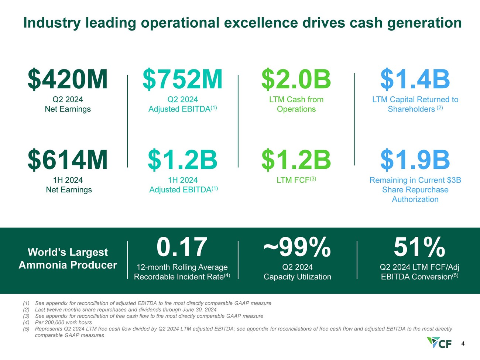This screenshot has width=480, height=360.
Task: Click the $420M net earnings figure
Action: click(68, 79)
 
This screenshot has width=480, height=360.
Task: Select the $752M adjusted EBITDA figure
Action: click(182, 79)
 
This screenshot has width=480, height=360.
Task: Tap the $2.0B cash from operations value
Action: click(296, 79)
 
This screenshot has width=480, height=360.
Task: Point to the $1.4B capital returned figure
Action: click(415, 79)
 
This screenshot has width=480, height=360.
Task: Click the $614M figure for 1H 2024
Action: click(68, 160)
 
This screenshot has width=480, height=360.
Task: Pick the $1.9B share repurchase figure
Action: click(415, 160)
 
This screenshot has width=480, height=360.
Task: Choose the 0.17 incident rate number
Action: click(182, 247)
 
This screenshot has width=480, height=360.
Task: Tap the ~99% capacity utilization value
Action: click(297, 247)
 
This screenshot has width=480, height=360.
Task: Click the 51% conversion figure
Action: click(419, 247)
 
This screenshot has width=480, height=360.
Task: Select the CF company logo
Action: click(439, 343)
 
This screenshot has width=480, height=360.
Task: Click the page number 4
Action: click(463, 344)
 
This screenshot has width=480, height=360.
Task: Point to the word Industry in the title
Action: click(52, 23)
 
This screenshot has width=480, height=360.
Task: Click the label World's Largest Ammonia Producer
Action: click(68, 258)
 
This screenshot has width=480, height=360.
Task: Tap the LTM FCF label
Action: click(296, 180)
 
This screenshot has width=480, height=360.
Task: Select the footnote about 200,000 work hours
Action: click(58, 322)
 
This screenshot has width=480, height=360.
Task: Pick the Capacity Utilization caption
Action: click(297, 277)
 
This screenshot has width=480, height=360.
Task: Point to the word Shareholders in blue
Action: click(411, 109)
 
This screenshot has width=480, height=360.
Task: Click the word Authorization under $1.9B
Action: click(415, 199)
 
